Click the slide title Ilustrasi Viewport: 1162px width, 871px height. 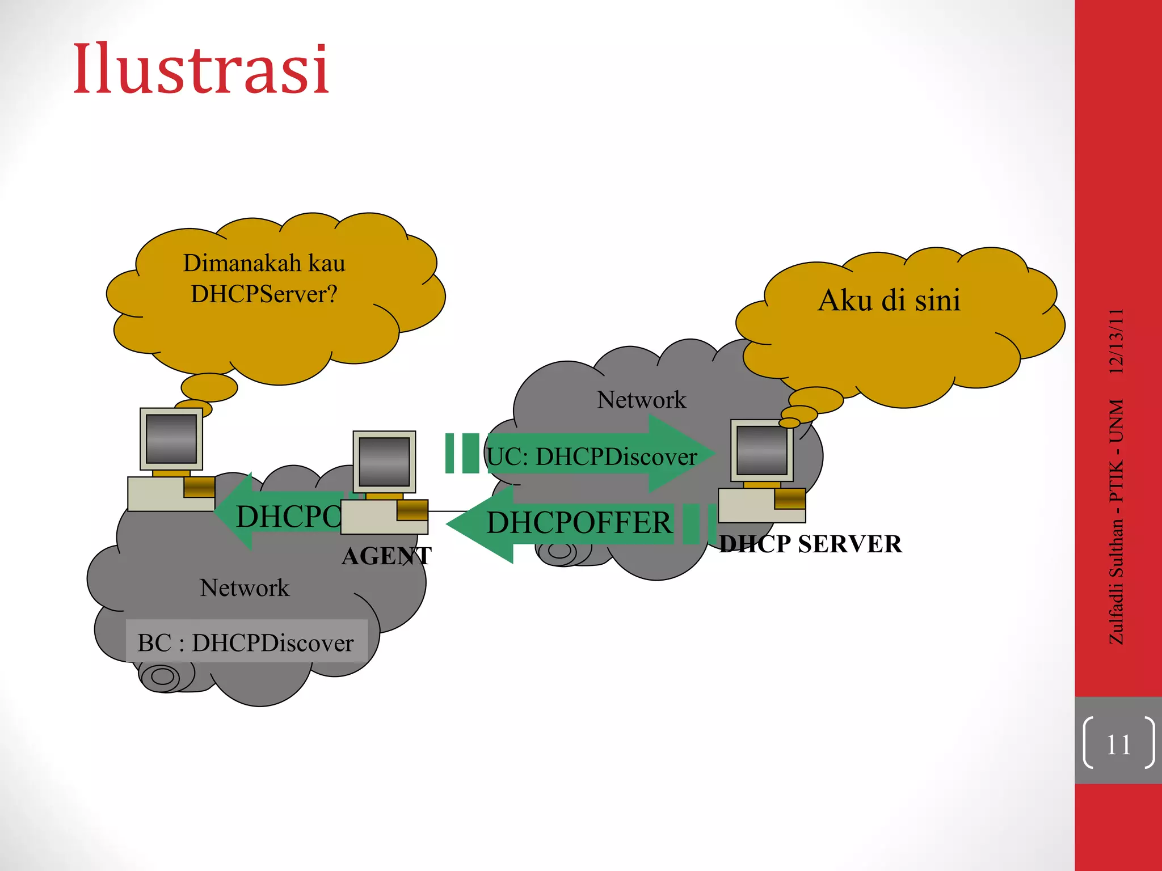coord(201,69)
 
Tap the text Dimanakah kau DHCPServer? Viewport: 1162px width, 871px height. coord(264,278)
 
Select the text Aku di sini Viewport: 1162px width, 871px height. coord(889,300)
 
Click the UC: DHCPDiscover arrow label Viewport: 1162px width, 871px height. coord(592,456)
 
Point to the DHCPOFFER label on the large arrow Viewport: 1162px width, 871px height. coord(579,522)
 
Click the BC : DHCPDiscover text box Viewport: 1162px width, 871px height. coord(246,642)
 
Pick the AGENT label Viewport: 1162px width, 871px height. coord(386,556)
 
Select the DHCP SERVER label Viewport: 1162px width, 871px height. coord(810,544)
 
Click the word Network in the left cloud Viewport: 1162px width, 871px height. coord(245,587)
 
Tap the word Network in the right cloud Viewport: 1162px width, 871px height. coord(641,400)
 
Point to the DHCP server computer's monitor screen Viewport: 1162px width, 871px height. coord(761,450)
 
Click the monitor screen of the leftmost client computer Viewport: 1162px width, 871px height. coord(171,438)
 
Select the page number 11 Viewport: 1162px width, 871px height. coord(1118,745)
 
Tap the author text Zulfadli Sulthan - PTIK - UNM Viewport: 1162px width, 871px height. coord(1116,522)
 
